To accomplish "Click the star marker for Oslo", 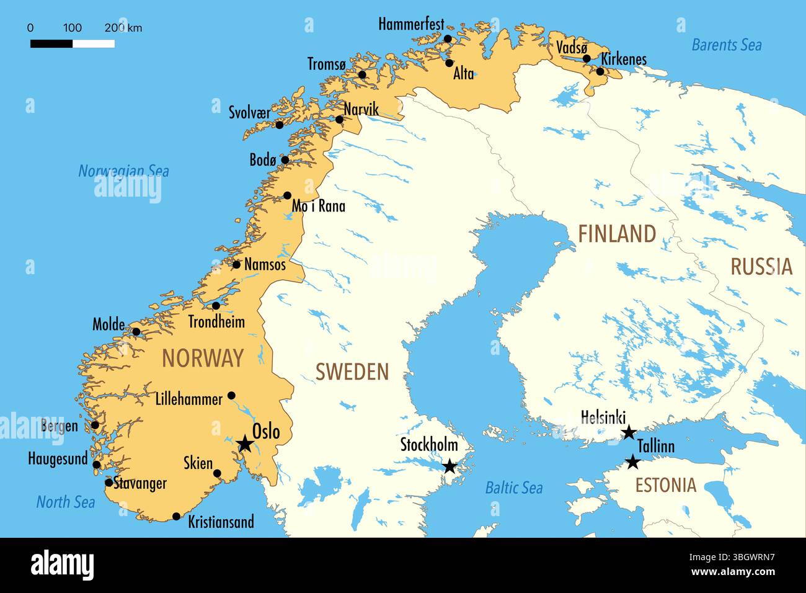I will click(x=244, y=443).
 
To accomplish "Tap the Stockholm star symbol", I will click(x=449, y=466).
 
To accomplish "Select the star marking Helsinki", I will click(x=629, y=432).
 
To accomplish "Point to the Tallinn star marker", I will click(x=632, y=461).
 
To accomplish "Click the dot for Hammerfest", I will click(x=448, y=39).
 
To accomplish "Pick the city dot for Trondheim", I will click(x=216, y=306).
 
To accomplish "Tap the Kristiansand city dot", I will click(x=177, y=516).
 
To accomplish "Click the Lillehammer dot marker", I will click(x=231, y=395).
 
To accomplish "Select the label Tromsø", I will click(x=327, y=64).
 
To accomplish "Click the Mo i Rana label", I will click(x=319, y=206).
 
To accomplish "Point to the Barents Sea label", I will click(x=726, y=45).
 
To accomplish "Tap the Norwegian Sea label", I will click(x=123, y=171).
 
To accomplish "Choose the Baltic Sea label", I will click(x=513, y=488).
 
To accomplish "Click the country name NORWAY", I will click(x=203, y=358).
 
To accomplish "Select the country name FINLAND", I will click(x=617, y=234).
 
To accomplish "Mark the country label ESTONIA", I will click(x=665, y=485).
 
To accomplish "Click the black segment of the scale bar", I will click(x=51, y=43).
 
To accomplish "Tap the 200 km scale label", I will click(x=123, y=28).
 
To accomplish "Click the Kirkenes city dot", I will click(x=600, y=71).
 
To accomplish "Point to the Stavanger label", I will click(x=140, y=483).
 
